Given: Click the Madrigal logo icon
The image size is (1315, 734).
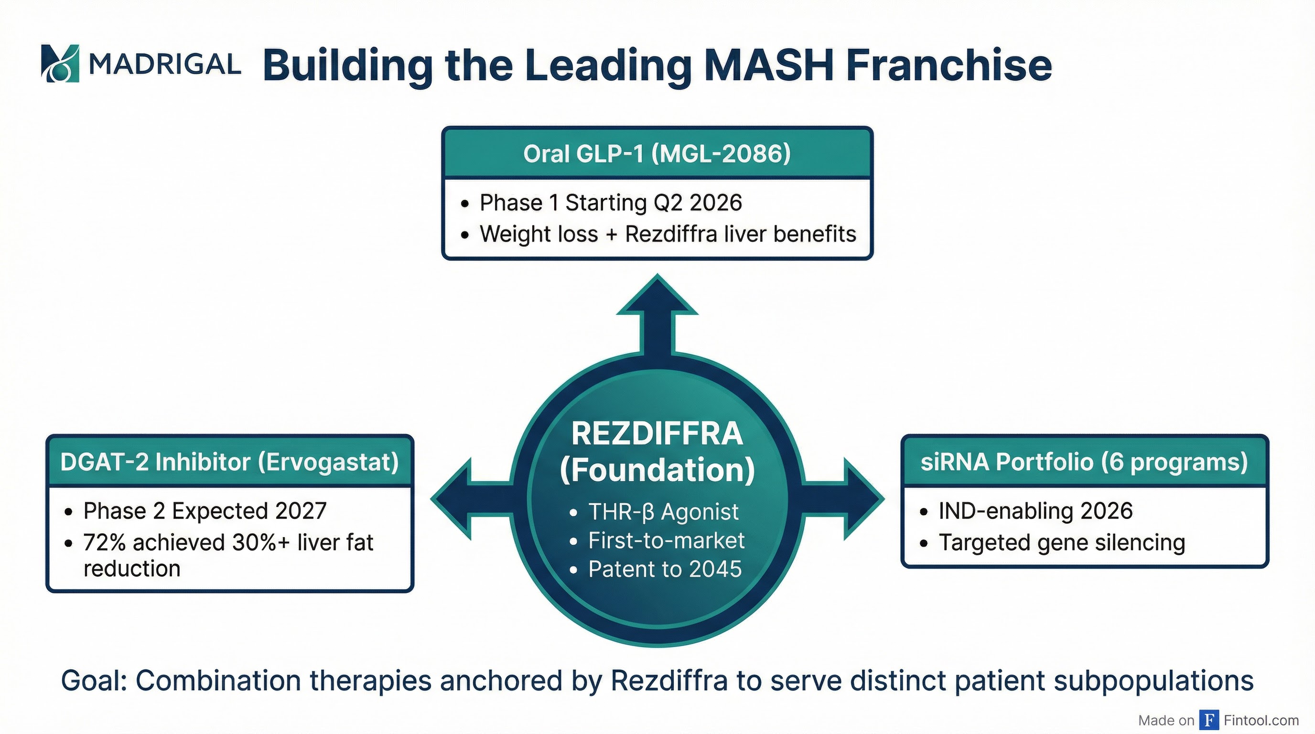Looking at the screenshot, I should pyautogui.click(x=60, y=63).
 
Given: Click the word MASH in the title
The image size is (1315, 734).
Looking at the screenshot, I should pyautogui.click(x=770, y=65).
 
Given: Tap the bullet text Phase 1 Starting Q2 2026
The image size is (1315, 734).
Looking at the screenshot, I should pyautogui.click(x=610, y=203).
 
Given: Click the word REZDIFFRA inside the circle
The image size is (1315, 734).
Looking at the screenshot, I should pyautogui.click(x=657, y=434).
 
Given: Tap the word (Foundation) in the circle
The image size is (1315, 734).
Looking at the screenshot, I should pyautogui.click(x=657, y=471).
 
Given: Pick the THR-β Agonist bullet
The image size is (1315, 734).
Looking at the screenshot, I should pyautogui.click(x=663, y=512).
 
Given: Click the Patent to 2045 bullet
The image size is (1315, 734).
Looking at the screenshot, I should pyautogui.click(x=664, y=569).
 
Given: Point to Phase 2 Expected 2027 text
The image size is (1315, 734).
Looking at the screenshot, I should pyautogui.click(x=205, y=511).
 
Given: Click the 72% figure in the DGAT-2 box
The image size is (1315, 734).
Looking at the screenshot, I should pyautogui.click(x=104, y=542).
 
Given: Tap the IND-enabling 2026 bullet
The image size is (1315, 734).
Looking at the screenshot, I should pyautogui.click(x=1035, y=511).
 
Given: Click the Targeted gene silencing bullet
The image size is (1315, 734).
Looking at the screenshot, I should pyautogui.click(x=1061, y=542).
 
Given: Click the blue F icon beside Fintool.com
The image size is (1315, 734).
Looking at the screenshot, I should pyautogui.click(x=1209, y=720).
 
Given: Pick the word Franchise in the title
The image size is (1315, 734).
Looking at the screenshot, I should pyautogui.click(x=949, y=65).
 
